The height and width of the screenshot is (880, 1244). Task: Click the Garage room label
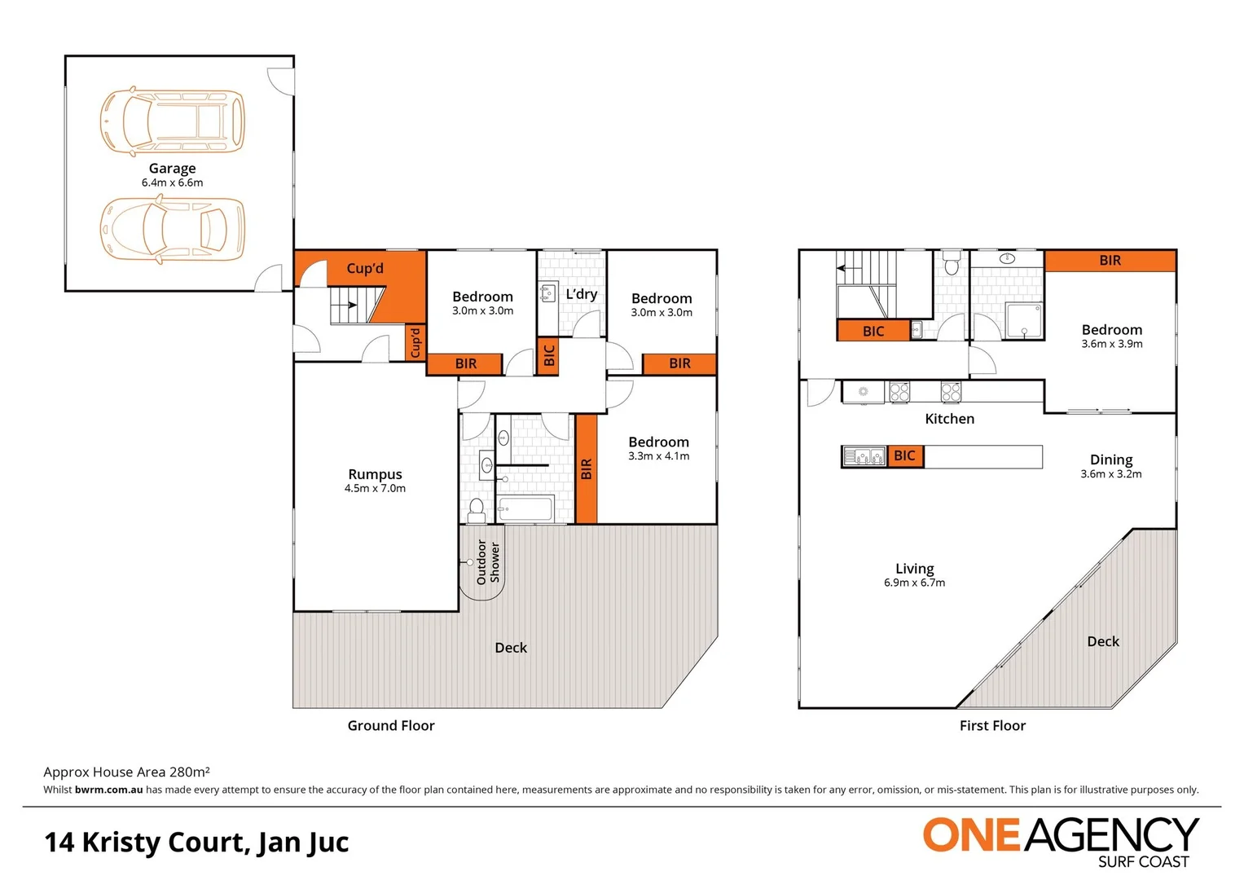172,169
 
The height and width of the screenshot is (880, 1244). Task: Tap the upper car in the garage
172,121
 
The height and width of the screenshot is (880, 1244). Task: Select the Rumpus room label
375,474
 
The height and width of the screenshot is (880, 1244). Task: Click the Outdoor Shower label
487,562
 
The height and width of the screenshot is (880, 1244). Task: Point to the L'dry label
582,294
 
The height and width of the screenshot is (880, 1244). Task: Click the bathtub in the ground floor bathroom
525,509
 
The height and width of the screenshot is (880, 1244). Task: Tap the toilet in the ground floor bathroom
477,510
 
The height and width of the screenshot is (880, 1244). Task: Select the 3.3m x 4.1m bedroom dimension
658,456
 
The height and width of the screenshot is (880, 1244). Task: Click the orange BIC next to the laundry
548,355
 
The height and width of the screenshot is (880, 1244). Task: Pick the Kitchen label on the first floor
949,419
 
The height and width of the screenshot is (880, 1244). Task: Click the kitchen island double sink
864,456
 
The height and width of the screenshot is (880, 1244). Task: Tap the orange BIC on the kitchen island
904,456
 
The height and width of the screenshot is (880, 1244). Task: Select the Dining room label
1111,460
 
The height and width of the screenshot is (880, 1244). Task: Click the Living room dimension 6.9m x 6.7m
914,583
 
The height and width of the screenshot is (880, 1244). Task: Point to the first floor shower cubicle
1024,321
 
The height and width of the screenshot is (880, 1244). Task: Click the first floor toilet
951,265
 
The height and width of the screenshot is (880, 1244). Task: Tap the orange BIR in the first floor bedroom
1110,261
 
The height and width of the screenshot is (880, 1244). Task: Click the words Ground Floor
391,726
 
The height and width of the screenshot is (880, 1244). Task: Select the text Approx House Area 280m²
126,772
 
